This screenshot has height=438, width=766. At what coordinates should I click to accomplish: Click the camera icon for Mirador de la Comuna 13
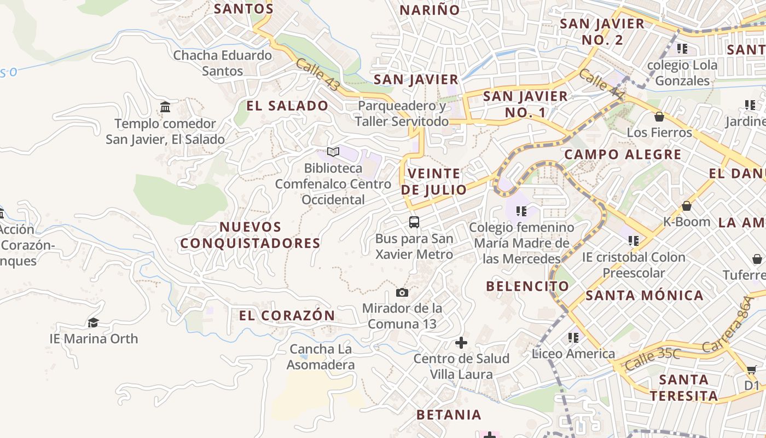coord(402,293)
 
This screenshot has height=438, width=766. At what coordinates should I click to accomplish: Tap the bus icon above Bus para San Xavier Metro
coord(414,222)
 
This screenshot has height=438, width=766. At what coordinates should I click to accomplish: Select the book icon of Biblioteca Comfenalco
coord(333,152)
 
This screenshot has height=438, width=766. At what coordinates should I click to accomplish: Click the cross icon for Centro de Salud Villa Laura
coord(461,343)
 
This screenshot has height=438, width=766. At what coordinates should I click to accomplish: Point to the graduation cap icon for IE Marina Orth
coord(94,322)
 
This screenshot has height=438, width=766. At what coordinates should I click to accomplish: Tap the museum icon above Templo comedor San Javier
coord(165,107)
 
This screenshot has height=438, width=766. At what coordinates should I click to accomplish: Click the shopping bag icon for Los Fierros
coord(659,117)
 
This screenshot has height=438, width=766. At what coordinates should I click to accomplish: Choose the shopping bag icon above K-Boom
coord(687,206)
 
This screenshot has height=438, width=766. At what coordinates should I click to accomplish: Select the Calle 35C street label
coord(652,359)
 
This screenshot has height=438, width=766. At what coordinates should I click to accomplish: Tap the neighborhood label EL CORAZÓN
coord(287,315)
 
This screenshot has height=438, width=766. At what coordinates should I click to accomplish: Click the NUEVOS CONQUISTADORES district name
coord(251,235)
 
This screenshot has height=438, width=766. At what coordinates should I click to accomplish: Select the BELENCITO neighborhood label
coord(527,286)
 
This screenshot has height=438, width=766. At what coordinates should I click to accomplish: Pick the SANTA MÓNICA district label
coord(645,296)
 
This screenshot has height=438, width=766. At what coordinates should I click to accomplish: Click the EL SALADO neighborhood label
coord(287,106)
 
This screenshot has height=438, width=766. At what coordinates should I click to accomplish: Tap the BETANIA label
coord(449,414)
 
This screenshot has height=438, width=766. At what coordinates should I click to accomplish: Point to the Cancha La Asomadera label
coord(321,356)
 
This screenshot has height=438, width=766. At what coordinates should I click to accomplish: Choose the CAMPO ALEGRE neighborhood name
coord(623,154)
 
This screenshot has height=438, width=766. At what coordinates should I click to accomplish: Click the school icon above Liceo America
coord(573,338)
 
